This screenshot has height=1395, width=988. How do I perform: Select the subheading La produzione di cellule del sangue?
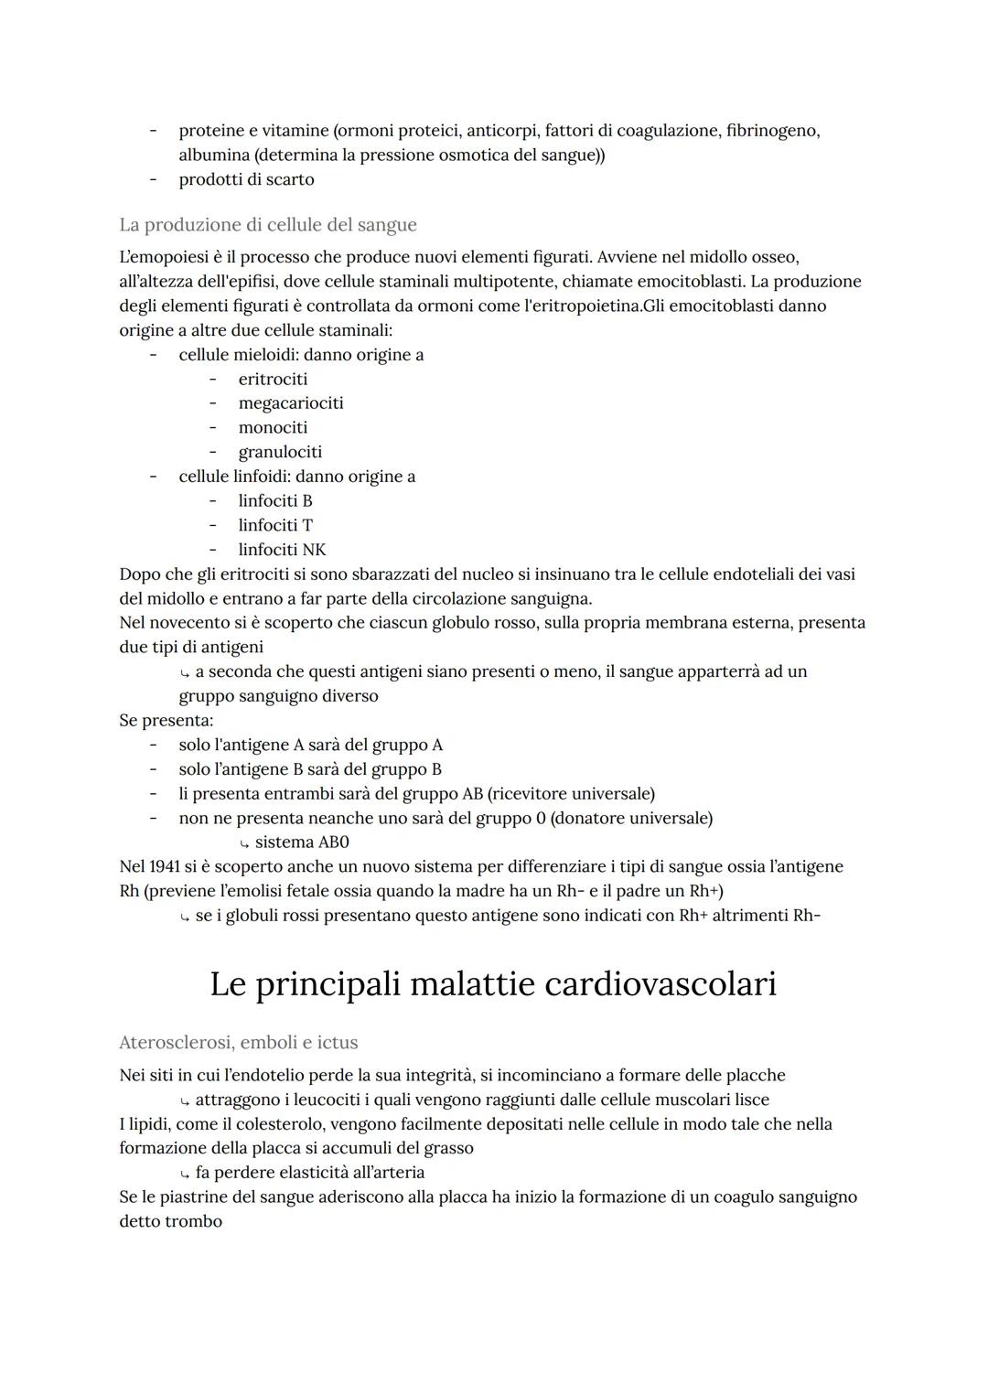tap(267, 224)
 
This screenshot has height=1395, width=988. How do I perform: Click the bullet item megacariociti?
tap(291, 402)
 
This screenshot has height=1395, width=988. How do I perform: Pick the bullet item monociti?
tap(273, 427)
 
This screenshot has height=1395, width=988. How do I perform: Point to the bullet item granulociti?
tap(280, 452)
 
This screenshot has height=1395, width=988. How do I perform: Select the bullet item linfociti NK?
tap(282, 550)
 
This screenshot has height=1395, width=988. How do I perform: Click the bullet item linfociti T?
tap(275, 525)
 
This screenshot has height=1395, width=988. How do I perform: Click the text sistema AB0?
tap(302, 842)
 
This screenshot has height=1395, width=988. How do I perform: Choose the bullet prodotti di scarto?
tap(246, 179)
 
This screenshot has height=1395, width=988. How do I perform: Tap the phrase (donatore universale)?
tap(631, 818)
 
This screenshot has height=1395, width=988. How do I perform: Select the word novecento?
tap(186, 623)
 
